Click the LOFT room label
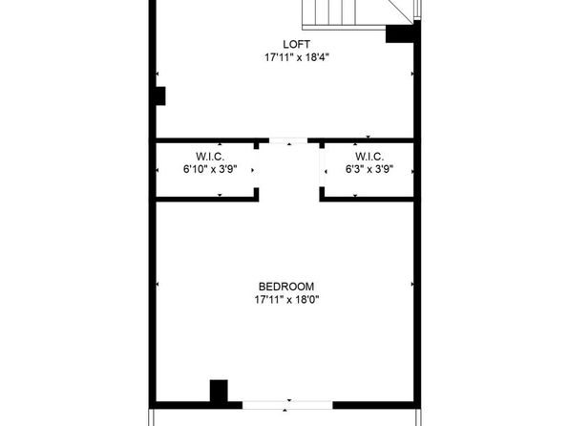tap(296, 44)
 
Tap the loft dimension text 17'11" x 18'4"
tap(297, 57)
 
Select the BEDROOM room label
tap(286, 287)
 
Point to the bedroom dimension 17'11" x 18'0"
tap(286, 300)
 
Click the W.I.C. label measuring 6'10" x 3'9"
tap(210, 157)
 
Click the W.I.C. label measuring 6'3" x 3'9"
tap(369, 157)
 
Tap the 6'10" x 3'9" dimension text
tap(210, 169)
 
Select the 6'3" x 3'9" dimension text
tap(369, 169)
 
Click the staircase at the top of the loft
tap(357, 13)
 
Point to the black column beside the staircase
tap(399, 33)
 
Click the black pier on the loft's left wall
tap(160, 96)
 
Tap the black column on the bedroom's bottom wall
tap(219, 391)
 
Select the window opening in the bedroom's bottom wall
tap(287, 405)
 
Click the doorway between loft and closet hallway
tap(288, 140)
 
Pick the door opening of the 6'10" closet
tap(256, 168)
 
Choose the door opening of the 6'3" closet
tap(322, 168)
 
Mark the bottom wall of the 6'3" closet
tap(367, 199)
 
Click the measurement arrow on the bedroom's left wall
tap(158, 284)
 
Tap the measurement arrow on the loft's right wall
tap(412, 74)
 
